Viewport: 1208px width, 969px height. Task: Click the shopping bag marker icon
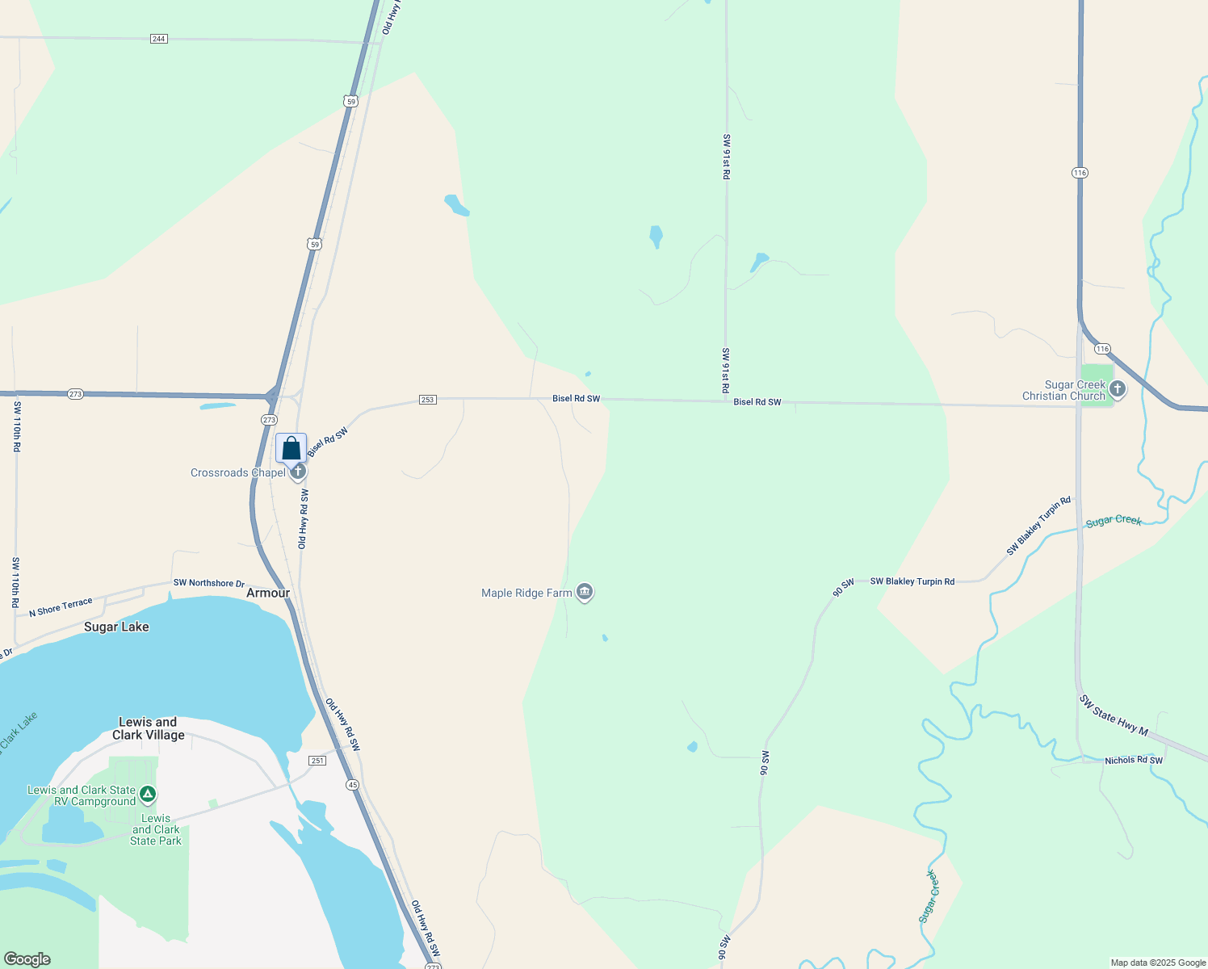click(291, 448)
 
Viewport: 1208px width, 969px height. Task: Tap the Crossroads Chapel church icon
click(298, 472)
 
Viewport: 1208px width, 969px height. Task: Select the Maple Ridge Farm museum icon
click(585, 593)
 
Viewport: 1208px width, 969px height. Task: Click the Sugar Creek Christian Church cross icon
click(1118, 389)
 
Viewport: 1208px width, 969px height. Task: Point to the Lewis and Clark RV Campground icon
click(148, 795)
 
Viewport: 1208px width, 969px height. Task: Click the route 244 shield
click(159, 39)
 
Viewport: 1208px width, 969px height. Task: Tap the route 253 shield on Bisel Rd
click(428, 400)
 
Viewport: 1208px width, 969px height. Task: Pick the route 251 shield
click(317, 761)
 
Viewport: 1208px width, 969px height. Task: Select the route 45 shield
click(353, 785)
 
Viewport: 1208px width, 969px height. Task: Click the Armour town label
click(268, 593)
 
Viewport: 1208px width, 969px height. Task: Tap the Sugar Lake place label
click(116, 627)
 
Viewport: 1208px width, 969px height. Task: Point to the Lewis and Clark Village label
click(148, 728)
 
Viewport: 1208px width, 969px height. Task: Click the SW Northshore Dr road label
click(208, 583)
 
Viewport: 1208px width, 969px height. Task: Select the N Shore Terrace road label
click(61, 607)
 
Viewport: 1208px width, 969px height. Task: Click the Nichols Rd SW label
click(1134, 761)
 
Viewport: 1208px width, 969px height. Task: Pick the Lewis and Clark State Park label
click(156, 829)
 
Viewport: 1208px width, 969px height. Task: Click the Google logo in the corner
click(27, 959)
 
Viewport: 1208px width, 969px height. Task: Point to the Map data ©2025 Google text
click(1158, 963)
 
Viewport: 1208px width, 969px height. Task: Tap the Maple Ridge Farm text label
click(526, 593)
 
